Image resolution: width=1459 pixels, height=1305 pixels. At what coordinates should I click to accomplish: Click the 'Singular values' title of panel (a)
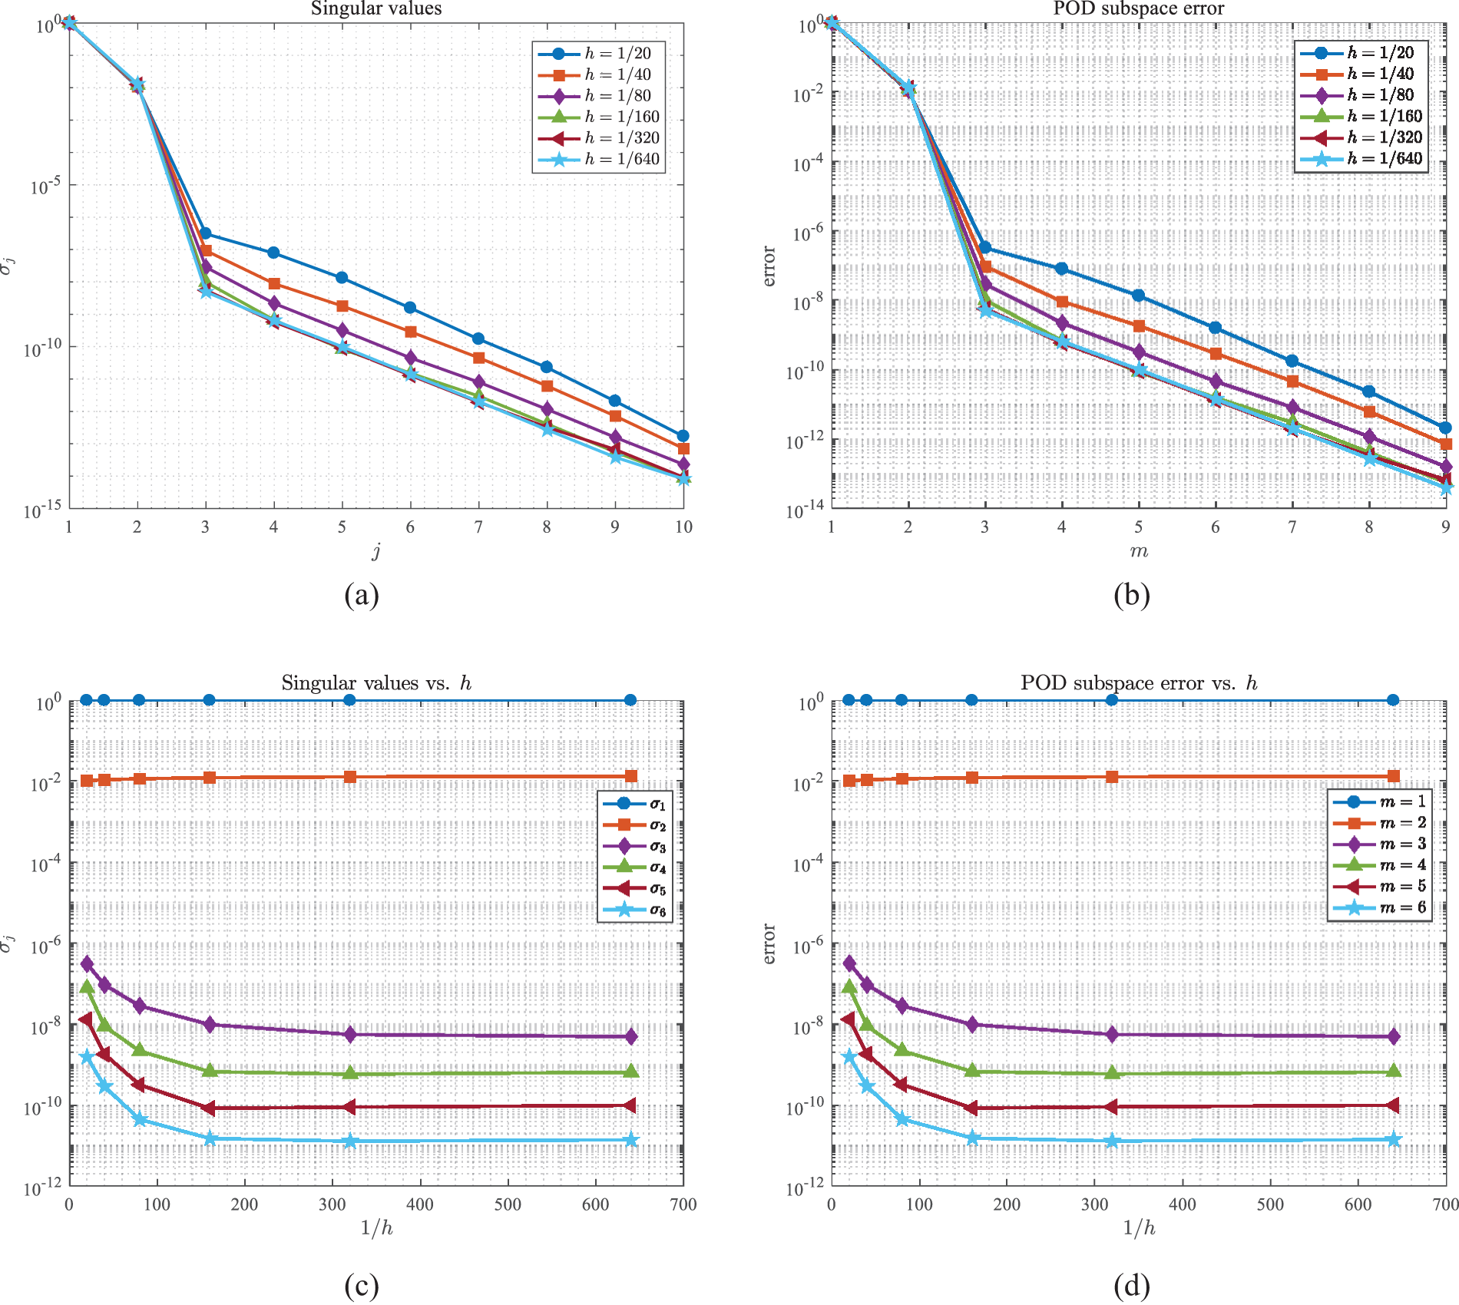coord(376,8)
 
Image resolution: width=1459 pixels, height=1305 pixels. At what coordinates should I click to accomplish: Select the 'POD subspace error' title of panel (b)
coord(1139,8)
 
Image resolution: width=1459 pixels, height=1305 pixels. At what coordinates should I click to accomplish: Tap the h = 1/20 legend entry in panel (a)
coord(599,54)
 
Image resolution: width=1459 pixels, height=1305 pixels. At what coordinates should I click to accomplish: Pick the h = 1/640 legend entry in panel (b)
coord(1362,159)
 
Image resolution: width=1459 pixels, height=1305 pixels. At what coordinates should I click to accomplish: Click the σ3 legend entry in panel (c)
coord(636,847)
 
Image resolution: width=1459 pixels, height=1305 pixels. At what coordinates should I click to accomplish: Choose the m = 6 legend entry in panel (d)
coord(1381,908)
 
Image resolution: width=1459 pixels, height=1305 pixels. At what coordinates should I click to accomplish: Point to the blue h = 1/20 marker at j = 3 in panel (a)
coord(205,233)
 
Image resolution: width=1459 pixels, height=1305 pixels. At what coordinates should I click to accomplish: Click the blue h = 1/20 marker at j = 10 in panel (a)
coord(683,436)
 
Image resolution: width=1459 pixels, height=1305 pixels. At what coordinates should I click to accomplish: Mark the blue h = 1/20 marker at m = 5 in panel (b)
coord(1139,296)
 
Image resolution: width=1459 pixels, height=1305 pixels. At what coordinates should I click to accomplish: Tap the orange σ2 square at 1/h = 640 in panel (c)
coord(630,776)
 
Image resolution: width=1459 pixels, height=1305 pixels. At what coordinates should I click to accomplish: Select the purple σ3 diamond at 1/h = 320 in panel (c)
coord(350,1035)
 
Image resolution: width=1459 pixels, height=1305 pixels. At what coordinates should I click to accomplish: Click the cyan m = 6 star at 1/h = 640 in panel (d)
coord(1393,1140)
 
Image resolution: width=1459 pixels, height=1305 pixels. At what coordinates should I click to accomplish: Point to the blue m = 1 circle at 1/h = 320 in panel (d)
coord(1112,700)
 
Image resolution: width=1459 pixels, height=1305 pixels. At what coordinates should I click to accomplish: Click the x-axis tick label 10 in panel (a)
coord(683,527)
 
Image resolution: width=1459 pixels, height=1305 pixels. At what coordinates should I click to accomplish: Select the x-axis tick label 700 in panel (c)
coord(683,1204)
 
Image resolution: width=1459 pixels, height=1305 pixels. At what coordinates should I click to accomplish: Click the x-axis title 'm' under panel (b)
coord(1139,551)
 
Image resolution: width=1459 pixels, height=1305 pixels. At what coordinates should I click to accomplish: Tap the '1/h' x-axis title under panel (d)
coord(1139,1228)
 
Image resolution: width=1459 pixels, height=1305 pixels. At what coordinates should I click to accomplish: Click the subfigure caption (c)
coord(362,1286)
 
